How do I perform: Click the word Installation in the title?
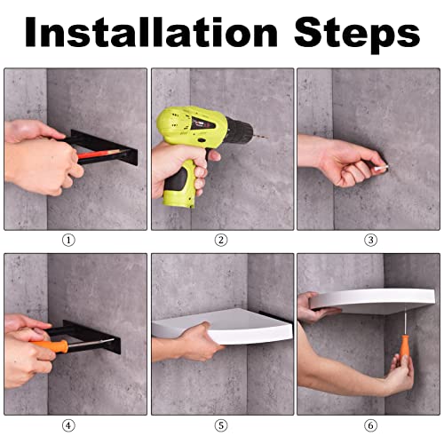[x=151, y=32]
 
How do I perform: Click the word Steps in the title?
[x=357, y=34]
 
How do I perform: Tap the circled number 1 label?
[x=68, y=240]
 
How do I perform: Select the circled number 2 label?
[x=221, y=240]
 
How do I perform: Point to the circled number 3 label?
[x=370, y=240]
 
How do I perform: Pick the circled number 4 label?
[x=68, y=425]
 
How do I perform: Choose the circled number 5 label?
[x=221, y=425]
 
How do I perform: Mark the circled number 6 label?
[x=370, y=425]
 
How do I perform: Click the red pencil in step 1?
[x=102, y=154]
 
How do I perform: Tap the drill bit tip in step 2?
[x=266, y=138]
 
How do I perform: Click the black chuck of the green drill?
[x=240, y=131]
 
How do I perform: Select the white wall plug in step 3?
[x=381, y=168]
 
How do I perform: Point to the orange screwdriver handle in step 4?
[x=50, y=345]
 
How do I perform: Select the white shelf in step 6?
[x=372, y=299]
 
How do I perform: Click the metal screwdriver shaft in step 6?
[x=405, y=321]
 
